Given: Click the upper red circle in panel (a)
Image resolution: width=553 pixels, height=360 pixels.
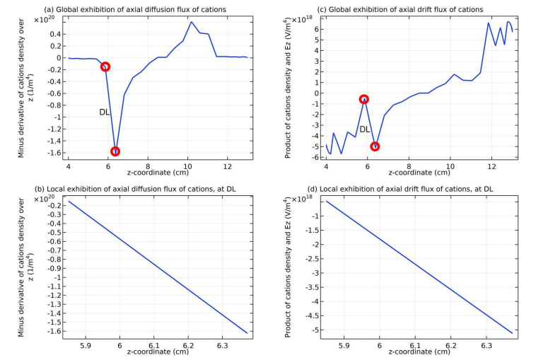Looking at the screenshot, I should pyautogui.click(x=105, y=66).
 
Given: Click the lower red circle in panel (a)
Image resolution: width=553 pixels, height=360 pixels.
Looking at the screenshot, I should pyautogui.click(x=115, y=151).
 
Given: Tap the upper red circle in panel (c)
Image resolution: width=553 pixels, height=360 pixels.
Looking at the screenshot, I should pyautogui.click(x=364, y=100).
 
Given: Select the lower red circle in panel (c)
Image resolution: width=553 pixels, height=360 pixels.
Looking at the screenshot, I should pyautogui.click(x=375, y=146).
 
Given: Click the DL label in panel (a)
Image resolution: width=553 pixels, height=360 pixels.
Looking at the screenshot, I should pyautogui.click(x=104, y=112).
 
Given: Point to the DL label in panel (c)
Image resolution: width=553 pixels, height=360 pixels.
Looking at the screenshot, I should pyautogui.click(x=365, y=129).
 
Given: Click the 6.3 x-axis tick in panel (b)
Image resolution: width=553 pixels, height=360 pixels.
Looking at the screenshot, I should pyautogui.click(x=222, y=346).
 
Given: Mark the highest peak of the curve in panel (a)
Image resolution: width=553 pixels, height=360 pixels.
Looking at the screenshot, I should pyautogui.click(x=192, y=21).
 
